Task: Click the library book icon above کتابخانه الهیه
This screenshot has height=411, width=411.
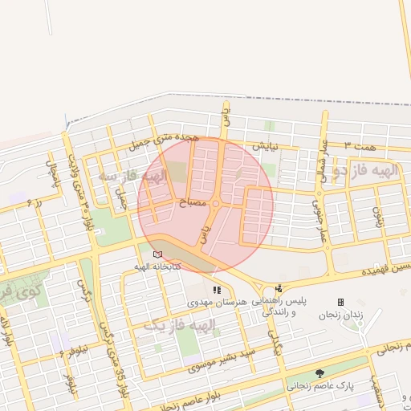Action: pos(157,254)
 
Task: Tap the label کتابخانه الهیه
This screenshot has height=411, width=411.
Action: pos(157,266)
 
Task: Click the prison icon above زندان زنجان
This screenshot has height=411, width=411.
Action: pos(340,302)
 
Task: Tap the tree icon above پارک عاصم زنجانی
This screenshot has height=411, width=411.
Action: pos(320,373)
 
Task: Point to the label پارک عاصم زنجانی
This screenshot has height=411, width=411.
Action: pos(321,386)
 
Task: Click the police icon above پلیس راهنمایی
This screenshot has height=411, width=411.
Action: pos(279,288)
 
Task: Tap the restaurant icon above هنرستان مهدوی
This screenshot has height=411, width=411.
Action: pos(217,289)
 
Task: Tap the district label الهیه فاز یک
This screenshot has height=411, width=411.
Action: pos(180,325)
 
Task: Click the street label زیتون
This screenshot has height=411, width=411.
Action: pos(376,215)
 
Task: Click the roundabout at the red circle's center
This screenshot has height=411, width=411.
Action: pos(215,204)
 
